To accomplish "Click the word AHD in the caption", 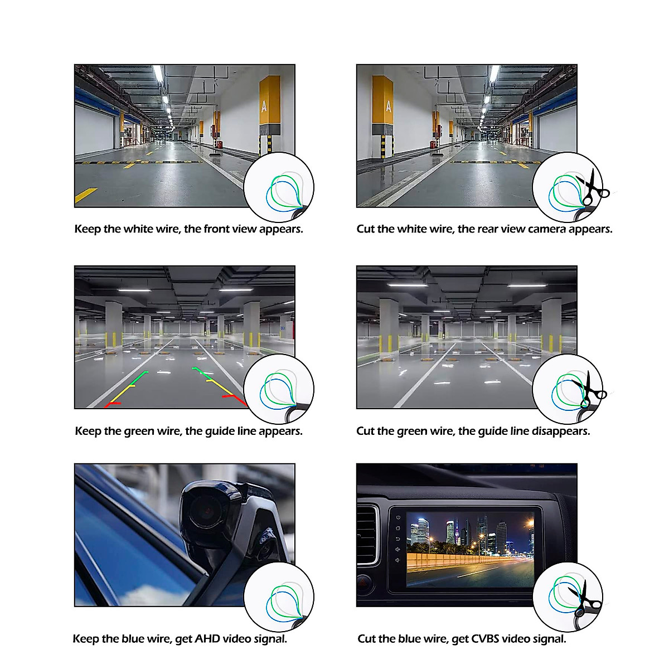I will [x=207, y=639].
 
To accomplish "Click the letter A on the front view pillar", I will [x=264, y=105].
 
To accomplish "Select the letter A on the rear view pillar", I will [x=388, y=105].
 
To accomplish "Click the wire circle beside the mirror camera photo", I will [x=279, y=597].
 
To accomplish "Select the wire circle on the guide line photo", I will [x=279, y=389].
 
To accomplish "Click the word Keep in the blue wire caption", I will [x=85, y=639].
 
